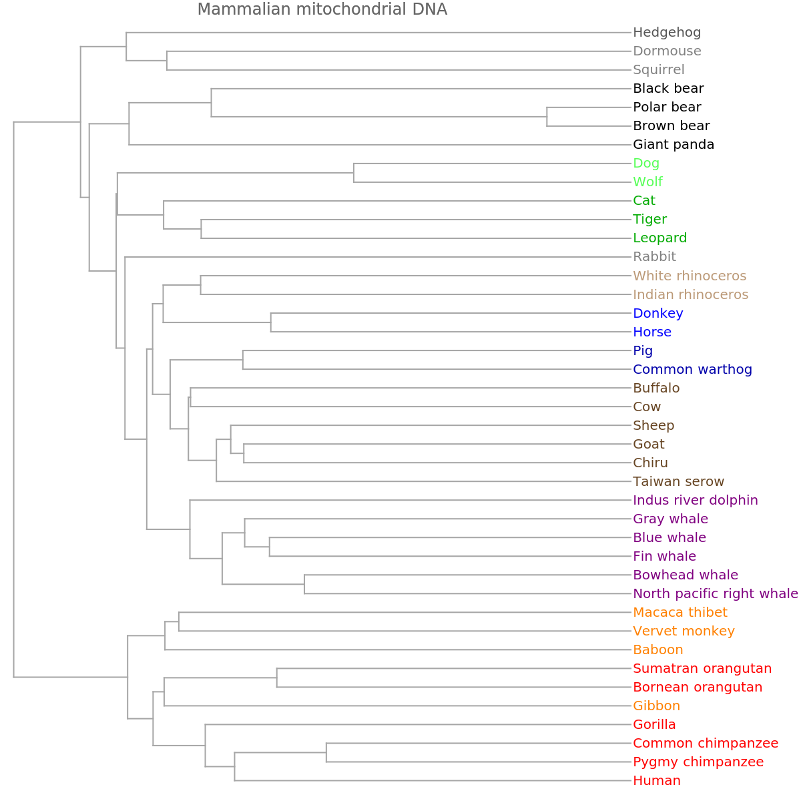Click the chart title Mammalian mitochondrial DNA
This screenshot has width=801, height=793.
322,9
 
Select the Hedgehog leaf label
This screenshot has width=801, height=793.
667,32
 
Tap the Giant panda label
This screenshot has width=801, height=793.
674,144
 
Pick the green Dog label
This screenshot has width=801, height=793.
646,163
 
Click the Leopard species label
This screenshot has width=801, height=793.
659,238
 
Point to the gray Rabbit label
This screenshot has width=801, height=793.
654,256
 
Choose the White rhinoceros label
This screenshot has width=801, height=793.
690,276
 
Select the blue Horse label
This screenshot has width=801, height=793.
652,332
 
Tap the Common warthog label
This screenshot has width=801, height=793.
692,369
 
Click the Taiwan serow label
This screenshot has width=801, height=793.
678,481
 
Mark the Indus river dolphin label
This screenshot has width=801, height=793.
696,500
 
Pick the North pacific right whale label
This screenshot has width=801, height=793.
715,593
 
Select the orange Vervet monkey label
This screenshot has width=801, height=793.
684,631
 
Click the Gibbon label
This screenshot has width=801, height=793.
656,706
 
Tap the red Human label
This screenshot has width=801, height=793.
657,780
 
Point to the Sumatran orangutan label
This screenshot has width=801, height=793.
702,668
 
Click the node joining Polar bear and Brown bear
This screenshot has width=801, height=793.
547,116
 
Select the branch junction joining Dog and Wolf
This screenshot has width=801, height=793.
354,172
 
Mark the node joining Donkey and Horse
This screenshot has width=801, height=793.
271,322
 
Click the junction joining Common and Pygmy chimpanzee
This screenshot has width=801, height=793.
326,752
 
